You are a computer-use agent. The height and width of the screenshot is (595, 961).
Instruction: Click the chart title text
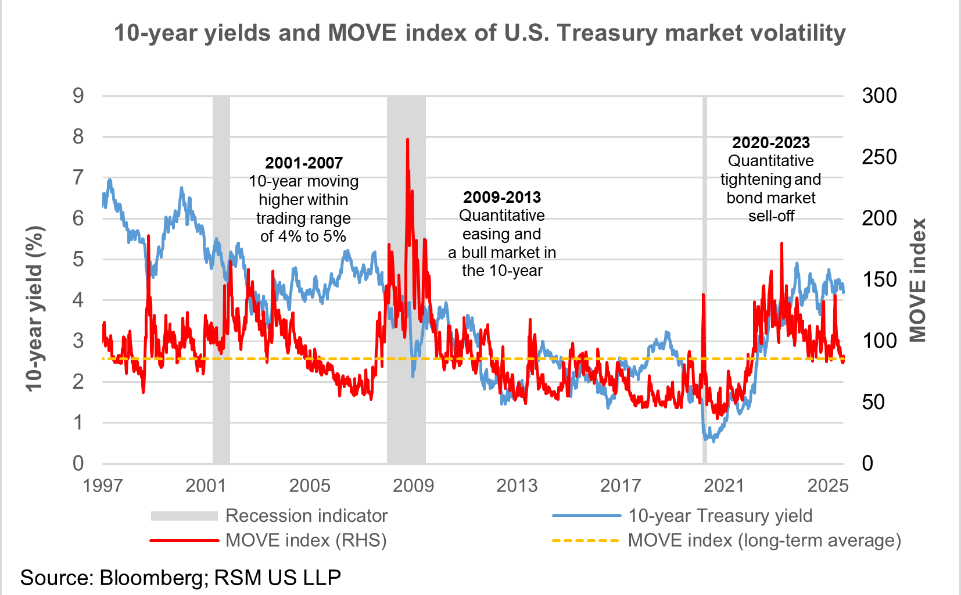pyautogui.click(x=479, y=33)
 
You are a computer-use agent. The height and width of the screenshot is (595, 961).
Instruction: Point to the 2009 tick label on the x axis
pyautogui.click(x=413, y=485)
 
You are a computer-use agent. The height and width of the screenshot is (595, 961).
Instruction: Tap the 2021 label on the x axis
pyautogui.click(x=724, y=485)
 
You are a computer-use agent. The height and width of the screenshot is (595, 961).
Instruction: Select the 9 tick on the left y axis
pyautogui.click(x=78, y=96)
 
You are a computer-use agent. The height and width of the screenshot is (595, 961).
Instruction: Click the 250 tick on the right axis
pyautogui.click(x=879, y=157)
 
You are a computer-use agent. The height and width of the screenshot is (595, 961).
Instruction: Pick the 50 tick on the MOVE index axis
pyautogui.click(x=873, y=402)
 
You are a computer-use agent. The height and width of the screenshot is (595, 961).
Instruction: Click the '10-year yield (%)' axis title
pyautogui.click(x=35, y=309)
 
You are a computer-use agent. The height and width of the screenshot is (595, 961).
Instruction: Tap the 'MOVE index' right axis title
pyautogui.click(x=917, y=280)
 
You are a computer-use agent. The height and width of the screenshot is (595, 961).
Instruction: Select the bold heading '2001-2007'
pyautogui.click(x=304, y=163)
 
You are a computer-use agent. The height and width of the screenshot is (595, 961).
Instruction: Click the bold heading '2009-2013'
pyautogui.click(x=502, y=197)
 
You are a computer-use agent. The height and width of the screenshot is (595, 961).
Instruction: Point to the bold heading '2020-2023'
pyautogui.click(x=770, y=142)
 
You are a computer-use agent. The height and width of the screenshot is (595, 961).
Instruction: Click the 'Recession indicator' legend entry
pyautogui.click(x=306, y=515)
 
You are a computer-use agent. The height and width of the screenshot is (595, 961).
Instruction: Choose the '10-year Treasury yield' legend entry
pyautogui.click(x=720, y=515)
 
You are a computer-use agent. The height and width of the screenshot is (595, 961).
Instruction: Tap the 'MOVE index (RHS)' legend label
pyautogui.click(x=306, y=540)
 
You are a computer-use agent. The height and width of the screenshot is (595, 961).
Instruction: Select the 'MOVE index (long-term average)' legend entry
pyautogui.click(x=764, y=540)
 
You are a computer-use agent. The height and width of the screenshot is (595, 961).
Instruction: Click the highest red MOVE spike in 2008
pyautogui.click(x=407, y=140)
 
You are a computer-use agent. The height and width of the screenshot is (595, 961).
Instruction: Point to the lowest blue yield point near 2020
pyautogui.click(x=713, y=442)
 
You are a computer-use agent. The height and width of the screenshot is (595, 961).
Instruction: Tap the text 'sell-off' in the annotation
pyautogui.click(x=771, y=216)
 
